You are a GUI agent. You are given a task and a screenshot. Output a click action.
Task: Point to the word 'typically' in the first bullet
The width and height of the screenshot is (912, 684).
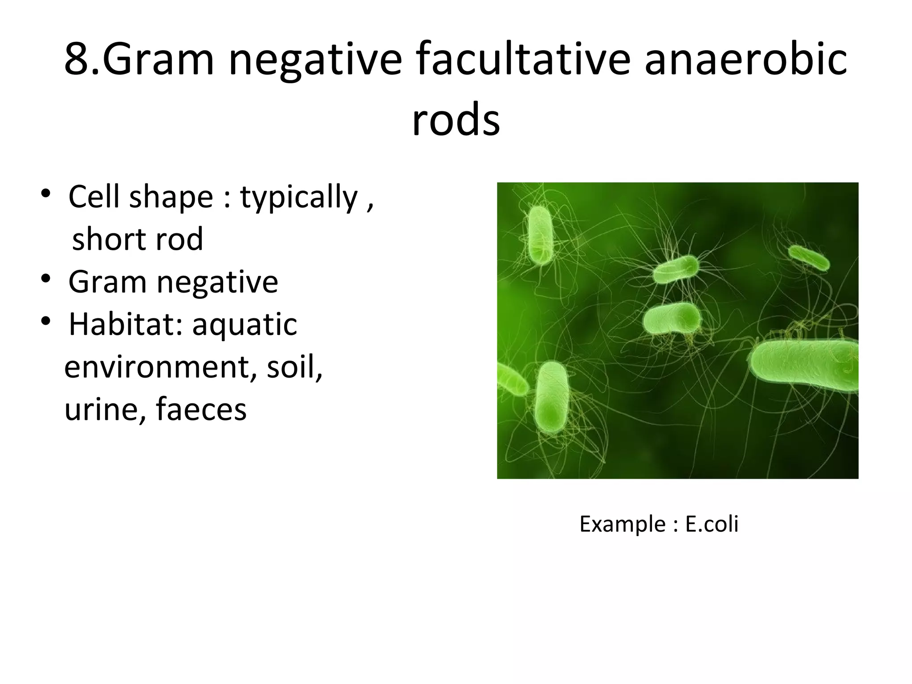[x=299, y=197]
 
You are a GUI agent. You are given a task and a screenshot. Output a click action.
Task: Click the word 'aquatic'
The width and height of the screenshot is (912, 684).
[x=244, y=325]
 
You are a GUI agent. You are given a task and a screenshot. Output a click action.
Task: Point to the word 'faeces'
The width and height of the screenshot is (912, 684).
[x=201, y=409]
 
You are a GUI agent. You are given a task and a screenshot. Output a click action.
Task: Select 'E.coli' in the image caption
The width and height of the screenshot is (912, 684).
[x=712, y=524]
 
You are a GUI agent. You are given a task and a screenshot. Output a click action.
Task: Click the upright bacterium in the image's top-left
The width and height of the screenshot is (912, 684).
[x=540, y=235]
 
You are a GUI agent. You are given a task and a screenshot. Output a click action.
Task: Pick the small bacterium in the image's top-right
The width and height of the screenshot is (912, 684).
[x=809, y=258]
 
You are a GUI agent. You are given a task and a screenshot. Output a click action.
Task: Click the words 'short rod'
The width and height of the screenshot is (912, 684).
[x=137, y=239]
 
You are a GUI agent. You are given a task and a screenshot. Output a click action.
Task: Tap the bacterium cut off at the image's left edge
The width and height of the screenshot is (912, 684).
[x=511, y=380]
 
